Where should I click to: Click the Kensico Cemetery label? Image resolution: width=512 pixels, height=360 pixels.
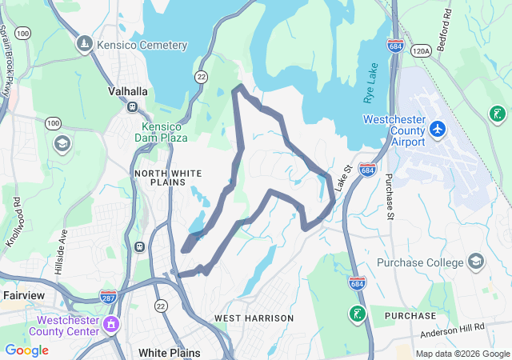click(142, 46)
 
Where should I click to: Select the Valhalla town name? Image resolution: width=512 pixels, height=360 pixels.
click(128, 91)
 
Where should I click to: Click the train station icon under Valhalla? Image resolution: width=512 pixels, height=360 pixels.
click(133, 106)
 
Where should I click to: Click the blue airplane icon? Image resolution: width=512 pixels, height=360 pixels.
click(437, 128)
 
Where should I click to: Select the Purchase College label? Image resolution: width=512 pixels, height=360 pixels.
click(420, 262)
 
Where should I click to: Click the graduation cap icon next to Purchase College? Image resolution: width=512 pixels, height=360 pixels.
click(475, 262)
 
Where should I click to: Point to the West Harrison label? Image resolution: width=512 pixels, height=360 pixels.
click(254, 318)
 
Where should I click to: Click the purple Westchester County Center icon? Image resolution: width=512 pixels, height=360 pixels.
click(110, 324)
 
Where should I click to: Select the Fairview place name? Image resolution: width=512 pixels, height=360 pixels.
click(24, 295)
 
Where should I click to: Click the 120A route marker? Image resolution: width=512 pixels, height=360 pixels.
click(421, 50)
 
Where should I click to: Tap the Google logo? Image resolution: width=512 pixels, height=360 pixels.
click(26, 350)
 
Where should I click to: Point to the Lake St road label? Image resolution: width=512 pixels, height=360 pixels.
click(344, 178)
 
